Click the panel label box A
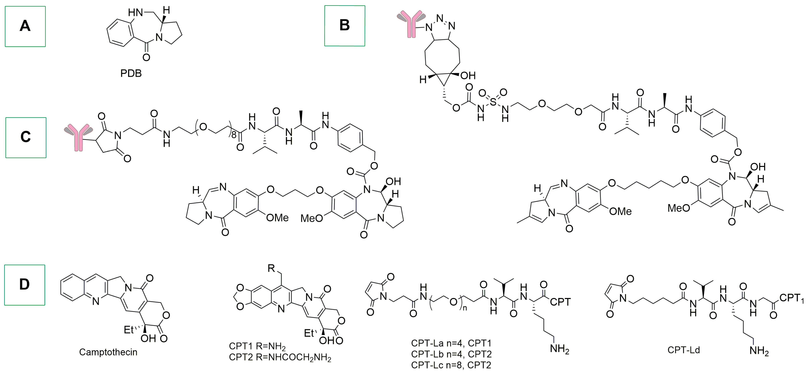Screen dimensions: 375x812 [25, 26]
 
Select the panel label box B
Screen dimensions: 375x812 [345, 26]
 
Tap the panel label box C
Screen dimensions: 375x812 [26, 138]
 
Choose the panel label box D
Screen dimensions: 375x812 [25, 285]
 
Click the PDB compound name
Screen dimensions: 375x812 [131, 74]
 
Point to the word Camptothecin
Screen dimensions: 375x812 [108, 352]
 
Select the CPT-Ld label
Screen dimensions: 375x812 [683, 350]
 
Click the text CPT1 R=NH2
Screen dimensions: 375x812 [257, 346]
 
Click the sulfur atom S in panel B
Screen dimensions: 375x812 [493, 102]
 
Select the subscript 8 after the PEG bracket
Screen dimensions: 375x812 [234, 135]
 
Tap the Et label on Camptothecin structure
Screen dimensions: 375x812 [129, 330]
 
